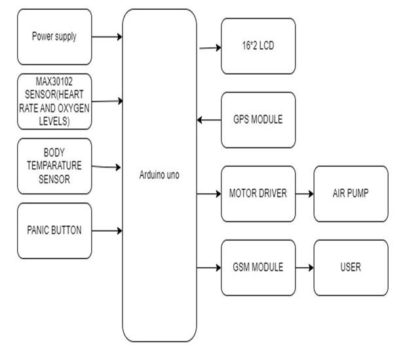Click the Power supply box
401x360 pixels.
(54, 37)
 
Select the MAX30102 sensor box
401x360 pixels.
(54, 101)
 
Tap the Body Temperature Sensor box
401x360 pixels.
(54, 166)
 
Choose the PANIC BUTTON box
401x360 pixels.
(54, 230)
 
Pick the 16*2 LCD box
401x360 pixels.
(258, 46)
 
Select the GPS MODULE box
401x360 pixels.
(258, 120)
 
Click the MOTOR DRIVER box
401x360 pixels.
(258, 194)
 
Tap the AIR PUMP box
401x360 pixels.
(350, 194)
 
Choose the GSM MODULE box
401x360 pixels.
(258, 267)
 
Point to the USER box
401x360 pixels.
(350, 267)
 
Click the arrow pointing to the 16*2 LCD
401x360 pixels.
(210, 47)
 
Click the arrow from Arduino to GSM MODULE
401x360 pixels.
(210, 267)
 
